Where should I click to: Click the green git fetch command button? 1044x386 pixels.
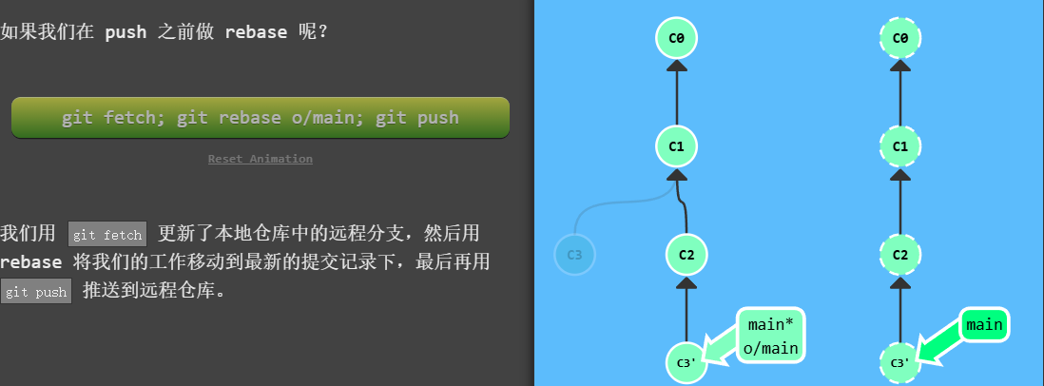[x=260, y=118]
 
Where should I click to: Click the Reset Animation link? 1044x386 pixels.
[x=260, y=159]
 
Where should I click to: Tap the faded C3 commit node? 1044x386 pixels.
[x=574, y=255]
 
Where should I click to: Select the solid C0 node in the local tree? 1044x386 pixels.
[x=676, y=39]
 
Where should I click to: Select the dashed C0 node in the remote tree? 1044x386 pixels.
[x=899, y=39]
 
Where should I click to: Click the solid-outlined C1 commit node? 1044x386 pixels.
[x=676, y=146]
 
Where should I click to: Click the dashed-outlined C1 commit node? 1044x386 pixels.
[x=899, y=146]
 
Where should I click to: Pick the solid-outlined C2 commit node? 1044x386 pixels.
[x=687, y=254]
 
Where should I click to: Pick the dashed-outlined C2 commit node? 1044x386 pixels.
[x=899, y=254]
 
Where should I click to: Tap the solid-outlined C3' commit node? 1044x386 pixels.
[x=686, y=362]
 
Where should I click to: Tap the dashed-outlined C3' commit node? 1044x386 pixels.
[x=899, y=362]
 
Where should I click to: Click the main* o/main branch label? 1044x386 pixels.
[x=770, y=337]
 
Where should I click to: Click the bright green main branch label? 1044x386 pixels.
[x=984, y=325]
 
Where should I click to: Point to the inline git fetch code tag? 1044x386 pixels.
[x=106, y=234]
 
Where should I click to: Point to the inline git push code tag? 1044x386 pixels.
[x=36, y=292]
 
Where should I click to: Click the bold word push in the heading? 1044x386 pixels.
[x=126, y=32]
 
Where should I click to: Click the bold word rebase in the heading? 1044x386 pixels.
[x=256, y=32]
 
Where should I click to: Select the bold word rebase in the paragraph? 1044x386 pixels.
[x=31, y=262]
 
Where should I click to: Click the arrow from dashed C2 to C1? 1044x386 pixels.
[x=899, y=200]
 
